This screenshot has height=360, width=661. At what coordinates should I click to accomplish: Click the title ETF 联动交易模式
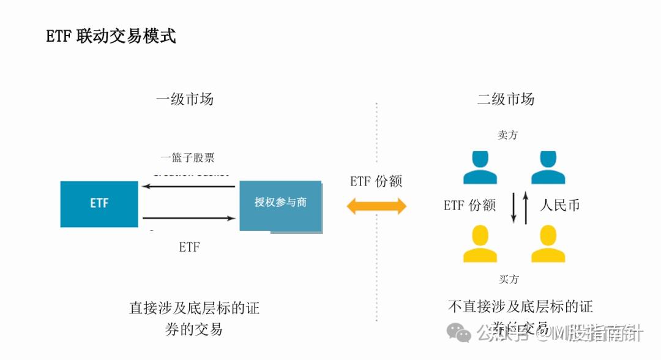(x=111, y=36)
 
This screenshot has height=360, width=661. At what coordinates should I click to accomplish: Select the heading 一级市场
(x=185, y=99)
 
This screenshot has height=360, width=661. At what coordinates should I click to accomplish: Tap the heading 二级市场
(x=506, y=99)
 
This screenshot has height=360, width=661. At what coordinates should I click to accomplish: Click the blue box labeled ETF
(x=99, y=204)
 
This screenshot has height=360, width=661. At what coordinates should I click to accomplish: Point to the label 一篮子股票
(x=188, y=157)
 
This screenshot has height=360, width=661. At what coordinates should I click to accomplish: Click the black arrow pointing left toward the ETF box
(x=189, y=186)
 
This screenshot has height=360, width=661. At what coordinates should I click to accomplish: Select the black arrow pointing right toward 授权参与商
(x=189, y=218)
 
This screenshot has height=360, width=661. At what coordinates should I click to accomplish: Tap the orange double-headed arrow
(x=376, y=206)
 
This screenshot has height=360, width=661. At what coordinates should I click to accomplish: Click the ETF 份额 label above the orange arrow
(x=376, y=181)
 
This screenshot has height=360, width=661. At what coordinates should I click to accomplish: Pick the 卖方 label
(x=508, y=135)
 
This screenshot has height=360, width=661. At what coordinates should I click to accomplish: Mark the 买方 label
(x=508, y=279)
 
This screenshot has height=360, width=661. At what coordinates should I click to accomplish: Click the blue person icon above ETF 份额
(x=480, y=168)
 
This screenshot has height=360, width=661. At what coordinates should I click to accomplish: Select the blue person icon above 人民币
(x=548, y=168)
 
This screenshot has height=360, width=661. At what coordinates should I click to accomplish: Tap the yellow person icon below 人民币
(x=548, y=244)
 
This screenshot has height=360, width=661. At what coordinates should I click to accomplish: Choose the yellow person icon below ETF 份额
(x=480, y=244)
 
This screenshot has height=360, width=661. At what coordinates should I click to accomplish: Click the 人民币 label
(x=559, y=205)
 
